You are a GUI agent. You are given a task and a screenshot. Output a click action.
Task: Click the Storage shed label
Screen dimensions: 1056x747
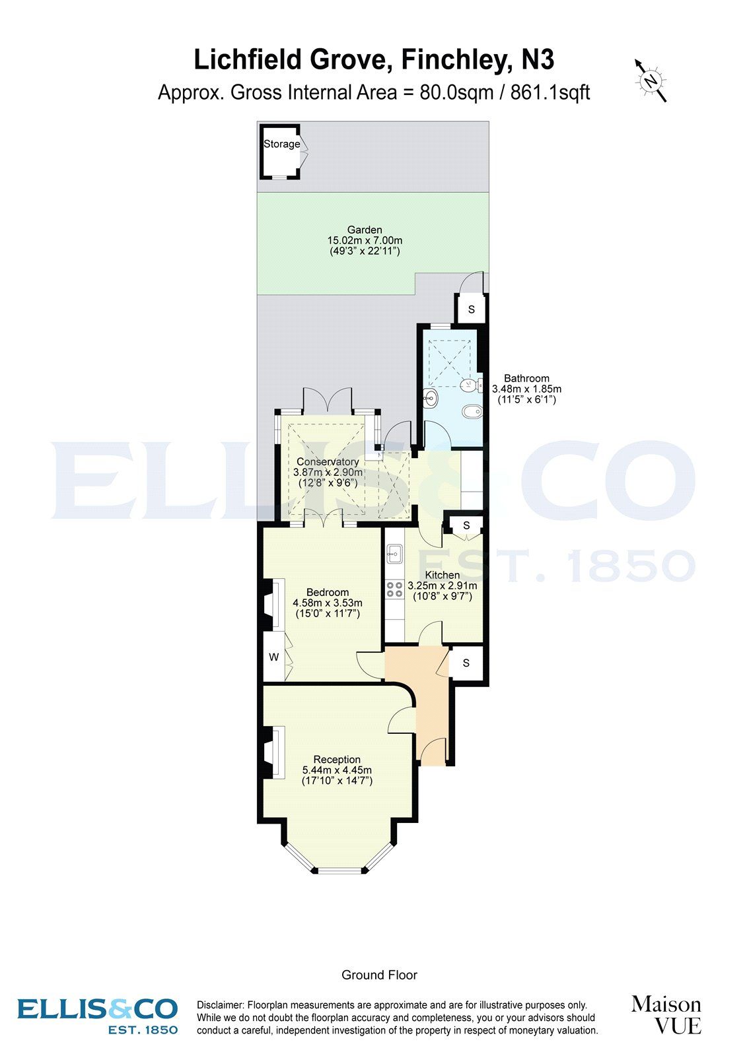tap(281, 144)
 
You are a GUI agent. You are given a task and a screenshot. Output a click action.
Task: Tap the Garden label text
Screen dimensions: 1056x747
tap(365, 230)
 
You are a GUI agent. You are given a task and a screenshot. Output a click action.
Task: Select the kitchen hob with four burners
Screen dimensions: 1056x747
tap(395, 589)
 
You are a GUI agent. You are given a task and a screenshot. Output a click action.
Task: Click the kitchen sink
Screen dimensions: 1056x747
tap(395, 554)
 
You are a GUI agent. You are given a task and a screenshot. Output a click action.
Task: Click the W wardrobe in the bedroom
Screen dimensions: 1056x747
tap(273, 657)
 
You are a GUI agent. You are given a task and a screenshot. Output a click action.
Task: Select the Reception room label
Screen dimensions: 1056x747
tap(337, 759)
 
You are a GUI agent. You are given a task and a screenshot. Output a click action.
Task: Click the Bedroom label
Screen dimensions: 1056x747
tap(328, 592)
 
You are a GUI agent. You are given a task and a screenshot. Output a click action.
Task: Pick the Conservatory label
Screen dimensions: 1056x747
tap(328, 462)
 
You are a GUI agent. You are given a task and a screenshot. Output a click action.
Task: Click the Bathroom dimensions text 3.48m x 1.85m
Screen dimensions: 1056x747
tap(526, 389)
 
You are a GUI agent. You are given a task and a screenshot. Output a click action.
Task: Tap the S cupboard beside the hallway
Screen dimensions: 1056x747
tap(466, 663)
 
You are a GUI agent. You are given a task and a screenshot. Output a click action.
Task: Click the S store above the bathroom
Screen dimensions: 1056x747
tap(472, 310)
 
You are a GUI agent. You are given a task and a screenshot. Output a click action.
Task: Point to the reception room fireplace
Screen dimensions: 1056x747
tap(272, 751)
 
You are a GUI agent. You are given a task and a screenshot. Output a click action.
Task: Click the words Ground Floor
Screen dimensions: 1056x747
tap(379, 975)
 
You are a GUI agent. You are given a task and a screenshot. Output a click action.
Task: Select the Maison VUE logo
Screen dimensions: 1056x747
tap(666, 1014)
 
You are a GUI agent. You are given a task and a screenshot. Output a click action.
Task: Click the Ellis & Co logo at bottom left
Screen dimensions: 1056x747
tap(98, 1015)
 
